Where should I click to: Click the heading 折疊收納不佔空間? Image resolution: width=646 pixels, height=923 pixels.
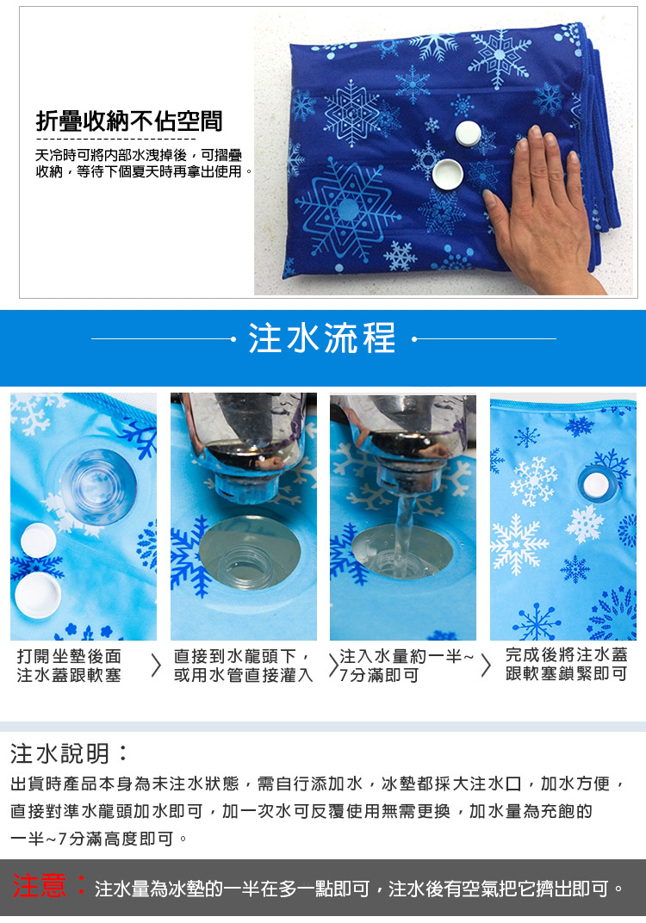129,121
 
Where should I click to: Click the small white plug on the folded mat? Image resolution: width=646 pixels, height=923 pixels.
469,133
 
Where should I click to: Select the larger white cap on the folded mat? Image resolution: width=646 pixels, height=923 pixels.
449,174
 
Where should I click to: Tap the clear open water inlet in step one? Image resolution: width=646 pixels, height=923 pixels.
98,487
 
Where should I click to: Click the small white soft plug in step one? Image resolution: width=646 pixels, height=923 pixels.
38,541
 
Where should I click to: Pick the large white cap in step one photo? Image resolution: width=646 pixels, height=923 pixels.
38,595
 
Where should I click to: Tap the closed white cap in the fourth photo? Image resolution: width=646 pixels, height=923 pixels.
596,485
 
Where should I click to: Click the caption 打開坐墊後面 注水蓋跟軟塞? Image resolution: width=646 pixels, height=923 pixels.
69,666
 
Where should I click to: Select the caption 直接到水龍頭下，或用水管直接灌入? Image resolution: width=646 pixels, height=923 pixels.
243,666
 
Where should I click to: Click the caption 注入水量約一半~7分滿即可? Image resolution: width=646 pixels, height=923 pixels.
407,666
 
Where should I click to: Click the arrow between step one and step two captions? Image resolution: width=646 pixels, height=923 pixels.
156,666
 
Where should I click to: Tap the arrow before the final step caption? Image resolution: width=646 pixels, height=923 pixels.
486,666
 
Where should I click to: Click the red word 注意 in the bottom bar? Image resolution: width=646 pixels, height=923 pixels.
39,886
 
